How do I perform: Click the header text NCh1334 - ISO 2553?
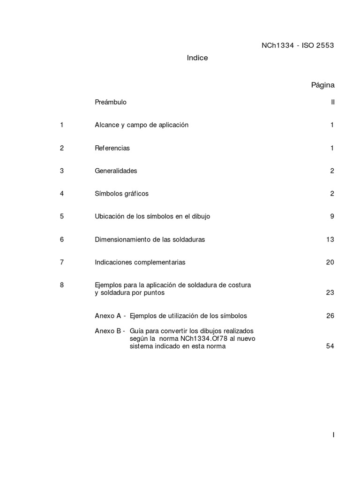click(297, 45)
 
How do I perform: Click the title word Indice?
click(197, 58)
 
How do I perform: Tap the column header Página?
click(322, 85)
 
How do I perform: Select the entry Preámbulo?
click(111, 102)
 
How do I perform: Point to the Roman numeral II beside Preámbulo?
click(332, 102)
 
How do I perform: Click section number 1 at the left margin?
click(61, 125)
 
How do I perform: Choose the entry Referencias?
click(112, 148)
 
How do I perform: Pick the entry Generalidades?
click(116, 171)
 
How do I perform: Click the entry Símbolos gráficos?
click(121, 194)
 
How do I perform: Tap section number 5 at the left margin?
click(61, 217)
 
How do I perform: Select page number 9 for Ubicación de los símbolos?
click(332, 217)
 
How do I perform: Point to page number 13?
click(330, 240)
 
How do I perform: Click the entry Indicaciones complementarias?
click(140, 262)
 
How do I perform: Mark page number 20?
click(330, 262)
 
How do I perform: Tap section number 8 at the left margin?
click(61, 285)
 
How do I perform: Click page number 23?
click(330, 293)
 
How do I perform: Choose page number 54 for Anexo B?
click(330, 346)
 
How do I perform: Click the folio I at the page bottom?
click(333, 435)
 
